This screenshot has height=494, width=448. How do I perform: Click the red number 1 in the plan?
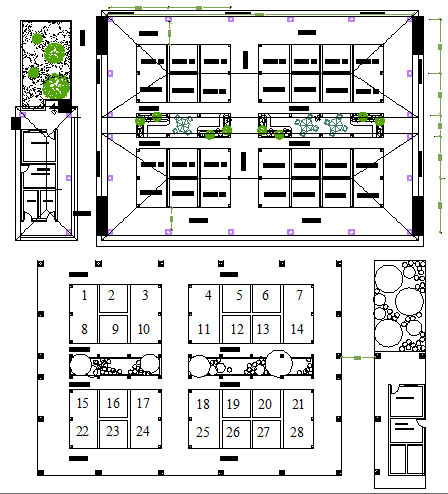[84, 295]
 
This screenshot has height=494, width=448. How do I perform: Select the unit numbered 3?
[145, 295]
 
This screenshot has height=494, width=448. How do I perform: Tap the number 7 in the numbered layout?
[298, 295]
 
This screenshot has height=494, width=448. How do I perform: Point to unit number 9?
[115, 329]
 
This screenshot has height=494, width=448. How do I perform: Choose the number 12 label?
[236, 329]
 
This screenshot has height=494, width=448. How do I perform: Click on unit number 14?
[297, 329]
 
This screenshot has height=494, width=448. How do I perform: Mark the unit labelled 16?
[114, 404]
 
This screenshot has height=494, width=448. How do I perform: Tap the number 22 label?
[84, 431]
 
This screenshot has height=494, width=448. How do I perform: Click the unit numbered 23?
[114, 432]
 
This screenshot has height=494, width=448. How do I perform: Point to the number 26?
[233, 433]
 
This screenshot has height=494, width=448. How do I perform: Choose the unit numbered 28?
[296, 432]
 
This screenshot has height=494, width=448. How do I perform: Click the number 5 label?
[238, 295]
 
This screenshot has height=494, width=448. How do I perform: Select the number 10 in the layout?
[144, 329]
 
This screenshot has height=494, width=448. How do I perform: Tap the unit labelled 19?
[233, 404]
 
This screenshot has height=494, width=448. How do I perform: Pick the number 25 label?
[203, 432]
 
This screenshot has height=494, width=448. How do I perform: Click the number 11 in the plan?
[204, 329]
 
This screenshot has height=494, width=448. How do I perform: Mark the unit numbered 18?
[203, 404]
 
